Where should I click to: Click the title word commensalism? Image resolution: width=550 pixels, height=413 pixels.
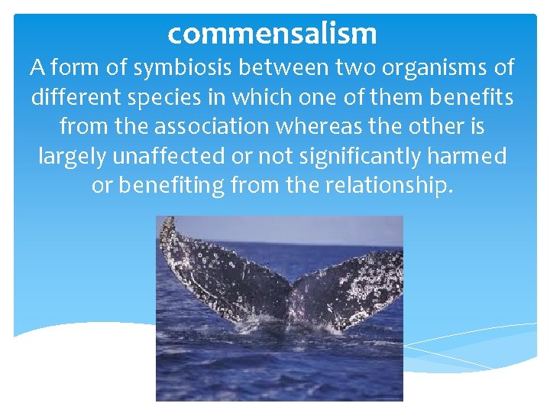(272, 33)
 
